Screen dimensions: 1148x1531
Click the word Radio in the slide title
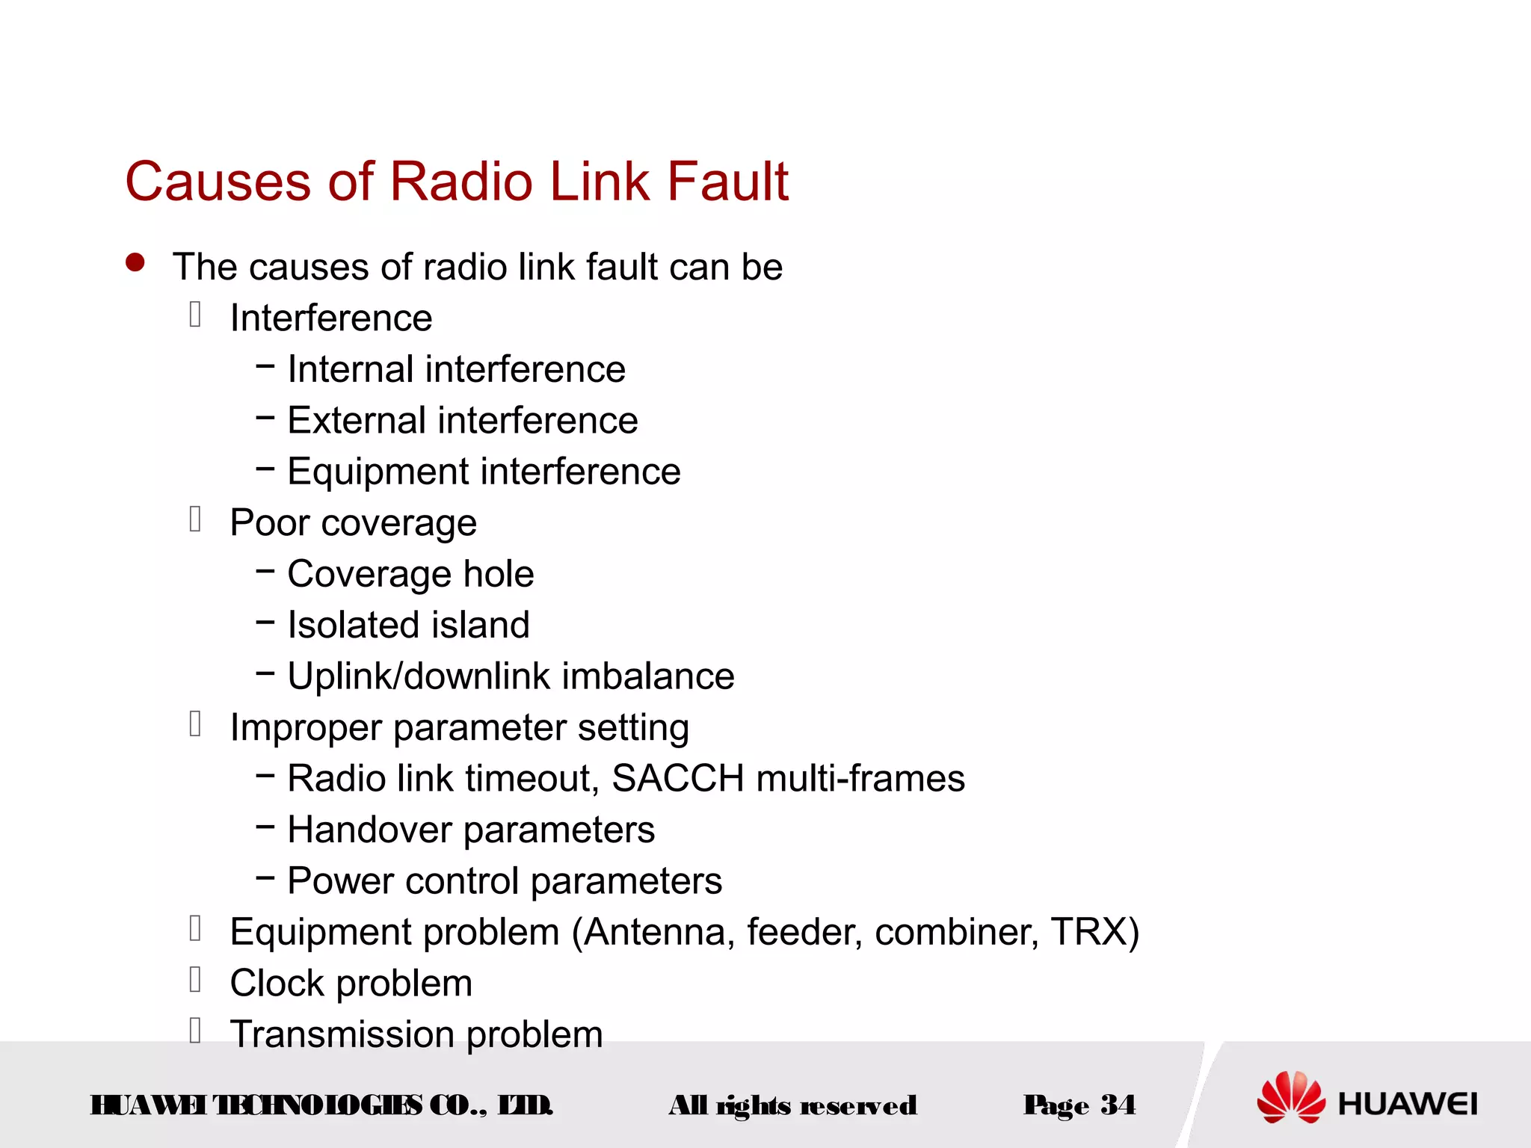[461, 182]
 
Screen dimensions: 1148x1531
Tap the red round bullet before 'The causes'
[135, 262]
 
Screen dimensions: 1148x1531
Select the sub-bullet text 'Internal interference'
[456, 369]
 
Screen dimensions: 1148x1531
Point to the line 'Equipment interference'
[484, 472]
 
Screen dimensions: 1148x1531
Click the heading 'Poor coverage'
[353, 522]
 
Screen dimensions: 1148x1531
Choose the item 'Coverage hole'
[410, 574]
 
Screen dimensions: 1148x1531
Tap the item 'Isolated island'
[408, 625]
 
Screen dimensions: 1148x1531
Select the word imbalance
[648, 676]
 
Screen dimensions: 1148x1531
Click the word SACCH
[677, 779]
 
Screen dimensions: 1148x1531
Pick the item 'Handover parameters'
[471, 830]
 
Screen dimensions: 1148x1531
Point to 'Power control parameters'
[505, 881]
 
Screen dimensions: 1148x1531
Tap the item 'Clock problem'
[351, 984]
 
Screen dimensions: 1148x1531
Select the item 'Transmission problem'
[416, 1034]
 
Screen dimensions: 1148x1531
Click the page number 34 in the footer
[1118, 1105]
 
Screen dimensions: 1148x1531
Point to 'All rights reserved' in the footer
[792, 1105]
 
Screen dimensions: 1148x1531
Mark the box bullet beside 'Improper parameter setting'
[195, 724]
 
